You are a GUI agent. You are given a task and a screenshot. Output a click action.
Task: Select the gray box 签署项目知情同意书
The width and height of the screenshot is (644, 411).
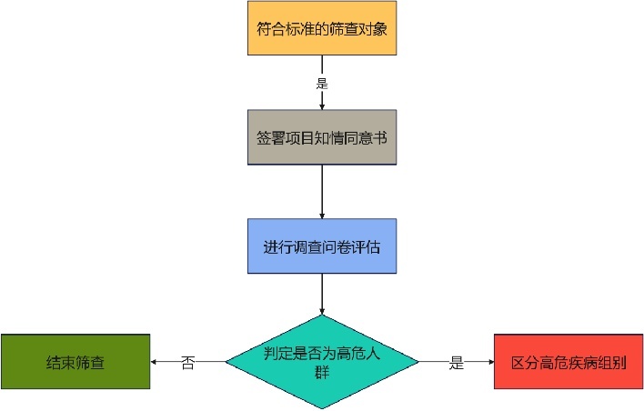pyautogui.click(x=322, y=137)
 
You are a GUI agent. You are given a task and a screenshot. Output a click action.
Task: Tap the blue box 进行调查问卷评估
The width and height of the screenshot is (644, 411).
pyautogui.click(x=322, y=246)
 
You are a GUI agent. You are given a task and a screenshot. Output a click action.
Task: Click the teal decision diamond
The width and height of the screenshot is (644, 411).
pyautogui.click(x=322, y=362)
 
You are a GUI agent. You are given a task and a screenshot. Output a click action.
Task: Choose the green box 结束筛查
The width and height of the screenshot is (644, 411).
pyautogui.click(x=75, y=362)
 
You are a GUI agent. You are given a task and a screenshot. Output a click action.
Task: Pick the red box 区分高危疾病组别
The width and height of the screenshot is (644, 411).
pyautogui.click(x=569, y=362)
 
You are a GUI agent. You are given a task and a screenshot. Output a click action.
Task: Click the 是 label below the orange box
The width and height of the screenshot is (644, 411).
pyautogui.click(x=322, y=83)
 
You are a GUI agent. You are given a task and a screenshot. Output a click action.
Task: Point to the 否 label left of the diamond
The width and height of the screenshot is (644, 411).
pyautogui.click(x=187, y=363)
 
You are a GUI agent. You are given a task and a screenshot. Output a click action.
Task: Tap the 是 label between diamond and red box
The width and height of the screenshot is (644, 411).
pyautogui.click(x=456, y=363)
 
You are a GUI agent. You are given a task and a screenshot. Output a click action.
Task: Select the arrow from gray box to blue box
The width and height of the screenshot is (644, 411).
pyautogui.click(x=322, y=191)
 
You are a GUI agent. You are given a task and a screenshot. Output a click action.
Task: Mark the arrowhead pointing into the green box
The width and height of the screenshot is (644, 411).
pyautogui.click(x=155, y=362)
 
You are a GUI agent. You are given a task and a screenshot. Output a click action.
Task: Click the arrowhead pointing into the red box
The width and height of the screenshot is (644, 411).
pyautogui.click(x=489, y=362)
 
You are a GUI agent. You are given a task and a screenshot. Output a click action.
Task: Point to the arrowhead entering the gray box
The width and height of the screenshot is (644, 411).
pyautogui.click(x=322, y=107)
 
